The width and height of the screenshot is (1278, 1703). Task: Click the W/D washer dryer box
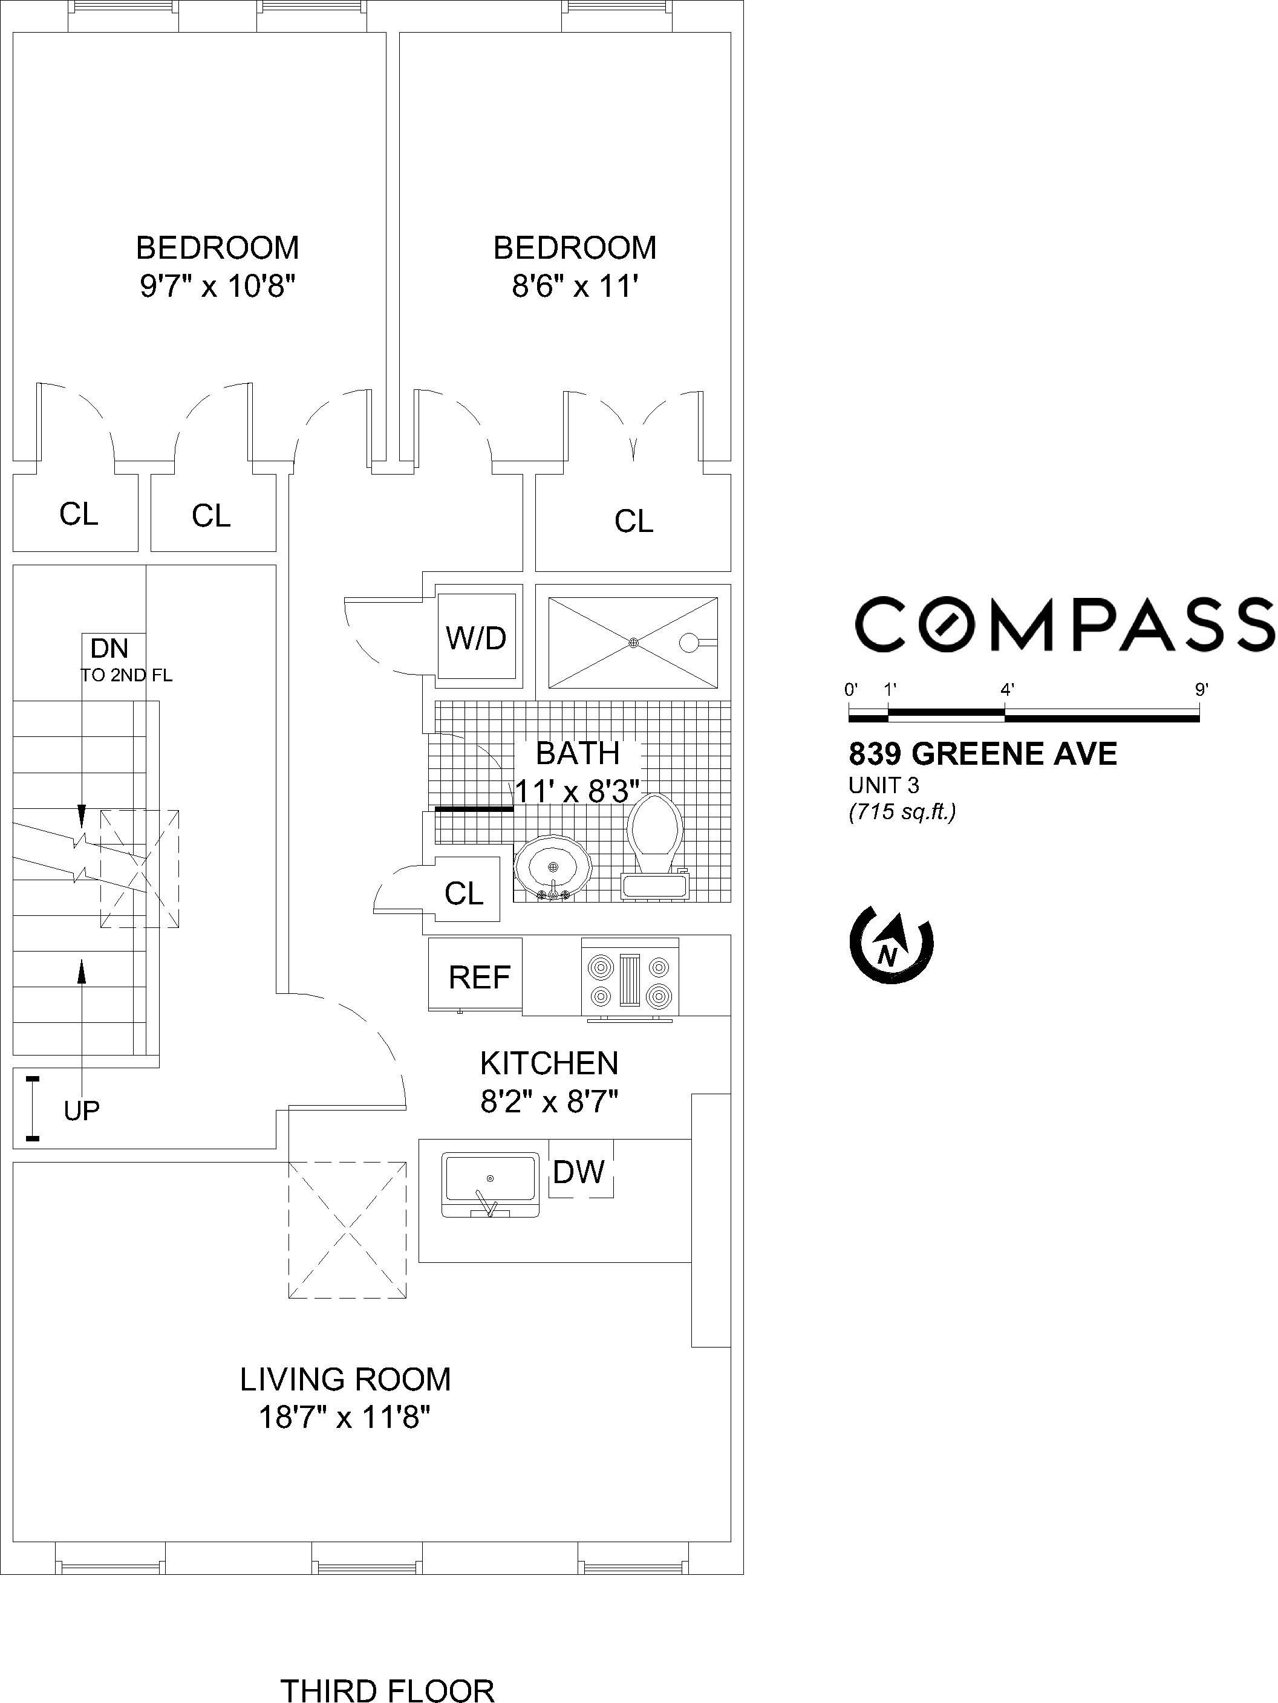(x=476, y=637)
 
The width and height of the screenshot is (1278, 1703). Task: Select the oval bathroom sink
(x=552, y=868)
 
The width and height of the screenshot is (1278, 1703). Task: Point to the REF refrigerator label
(x=479, y=978)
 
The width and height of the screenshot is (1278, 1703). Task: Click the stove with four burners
(x=630, y=980)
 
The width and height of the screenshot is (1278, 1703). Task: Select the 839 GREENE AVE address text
(x=983, y=754)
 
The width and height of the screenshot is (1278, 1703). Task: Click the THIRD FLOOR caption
(x=386, y=1688)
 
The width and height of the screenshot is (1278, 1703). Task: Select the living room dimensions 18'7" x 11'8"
(x=344, y=1416)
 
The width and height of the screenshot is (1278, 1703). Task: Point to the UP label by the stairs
(x=82, y=1111)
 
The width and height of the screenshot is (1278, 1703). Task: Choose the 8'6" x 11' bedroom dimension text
(x=575, y=287)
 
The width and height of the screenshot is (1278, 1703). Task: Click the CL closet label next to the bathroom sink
(x=464, y=893)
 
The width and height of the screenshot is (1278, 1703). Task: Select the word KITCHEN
(x=549, y=1063)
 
